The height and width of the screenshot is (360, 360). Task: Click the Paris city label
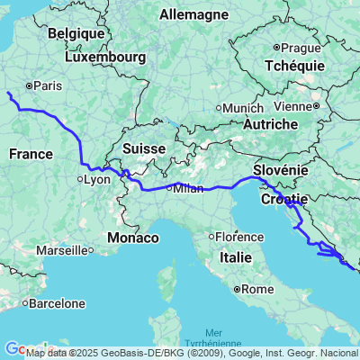[x=47, y=86]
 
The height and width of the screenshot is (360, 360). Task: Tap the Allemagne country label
[x=194, y=14]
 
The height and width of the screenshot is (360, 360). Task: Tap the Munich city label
[x=242, y=107]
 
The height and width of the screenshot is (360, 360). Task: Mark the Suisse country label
[x=143, y=148]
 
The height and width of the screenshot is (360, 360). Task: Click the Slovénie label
[x=282, y=170]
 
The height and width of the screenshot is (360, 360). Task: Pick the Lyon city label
[x=94, y=179]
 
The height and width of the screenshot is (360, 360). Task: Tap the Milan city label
[x=188, y=188]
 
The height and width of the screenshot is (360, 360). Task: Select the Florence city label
[x=238, y=237]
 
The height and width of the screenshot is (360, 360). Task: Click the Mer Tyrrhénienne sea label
[x=215, y=337]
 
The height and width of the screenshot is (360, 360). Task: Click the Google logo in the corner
[x=13, y=348]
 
